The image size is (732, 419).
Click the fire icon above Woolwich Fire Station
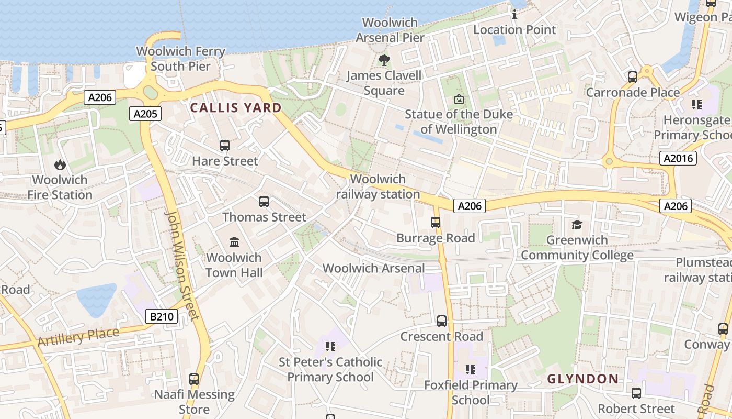[60, 164]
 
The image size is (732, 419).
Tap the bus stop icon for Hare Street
[225, 146]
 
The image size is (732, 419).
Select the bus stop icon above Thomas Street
[264, 202]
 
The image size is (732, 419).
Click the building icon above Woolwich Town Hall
[234, 242]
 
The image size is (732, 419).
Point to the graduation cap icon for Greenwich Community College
[577, 225]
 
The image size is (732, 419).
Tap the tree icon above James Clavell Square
[384, 60]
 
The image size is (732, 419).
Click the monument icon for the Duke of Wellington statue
[459, 98]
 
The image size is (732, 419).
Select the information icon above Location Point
[514, 14]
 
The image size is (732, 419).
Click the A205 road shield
[146, 113]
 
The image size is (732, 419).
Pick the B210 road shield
[162, 316]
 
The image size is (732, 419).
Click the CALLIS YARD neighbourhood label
[236, 108]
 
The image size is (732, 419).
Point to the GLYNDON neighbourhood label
[583, 379]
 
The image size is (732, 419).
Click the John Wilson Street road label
[182, 264]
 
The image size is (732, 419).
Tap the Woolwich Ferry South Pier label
[180, 59]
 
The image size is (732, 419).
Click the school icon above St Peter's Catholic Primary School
[330, 346]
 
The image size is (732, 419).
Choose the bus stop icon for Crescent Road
[442, 321]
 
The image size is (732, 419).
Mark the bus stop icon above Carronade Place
[633, 77]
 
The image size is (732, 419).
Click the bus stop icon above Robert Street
[636, 393]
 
